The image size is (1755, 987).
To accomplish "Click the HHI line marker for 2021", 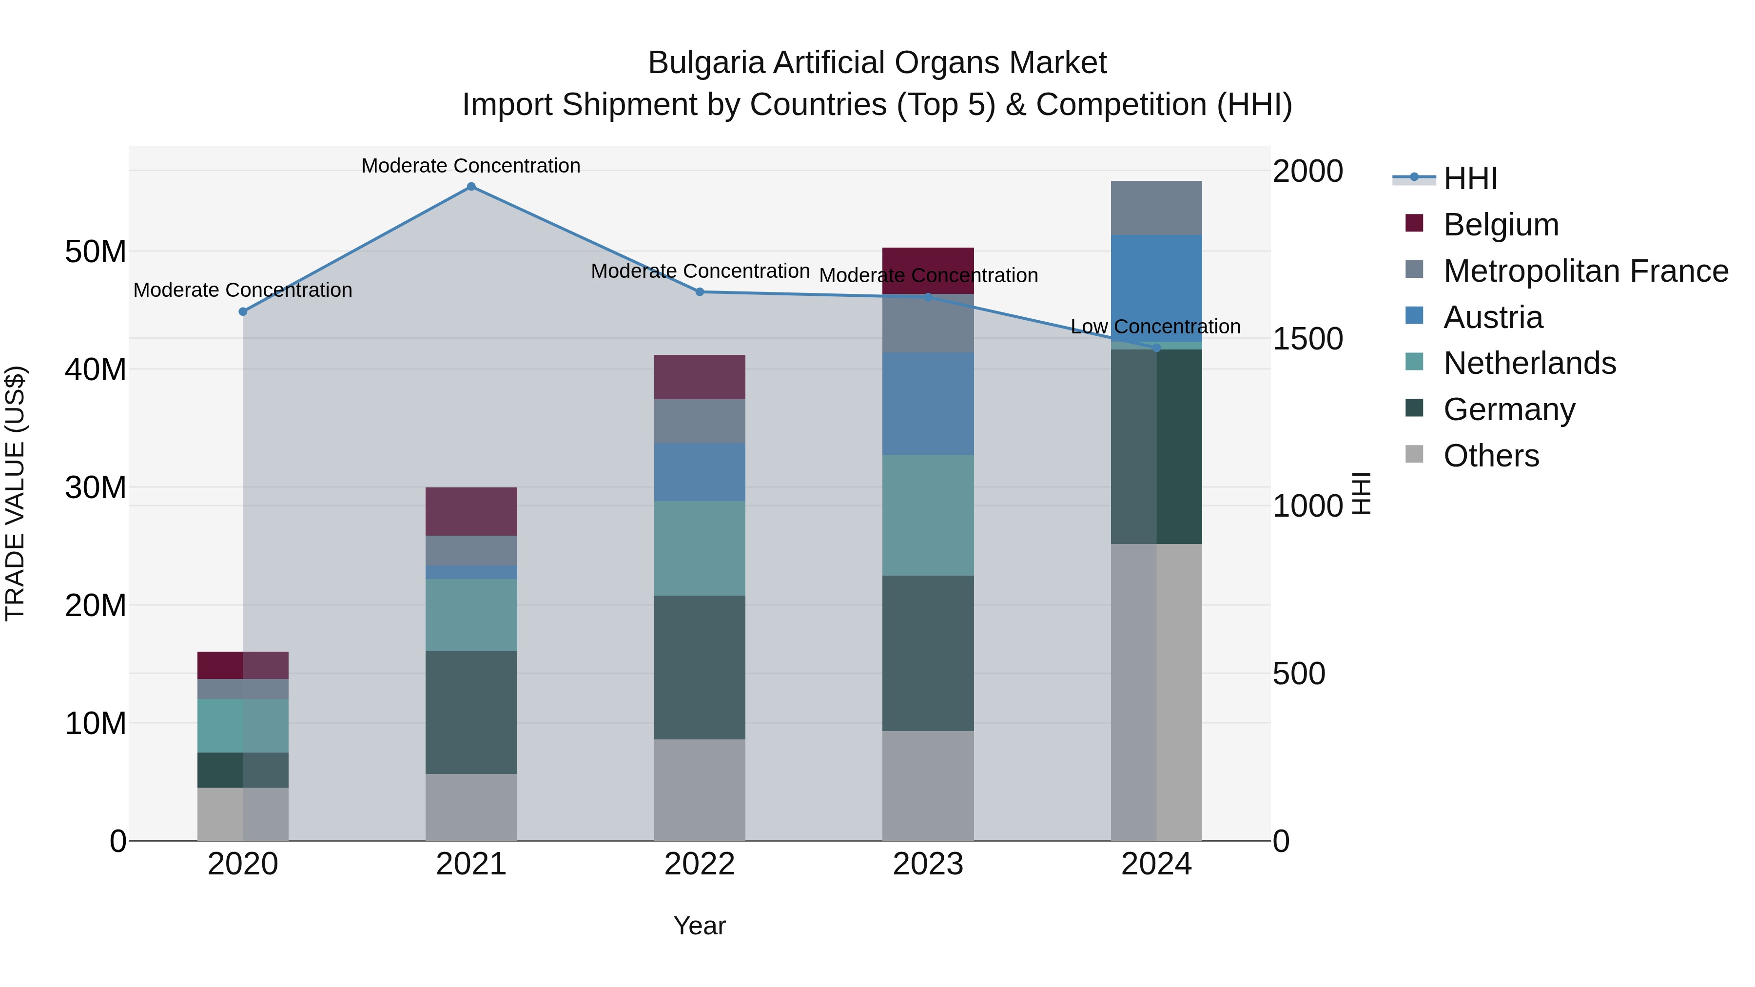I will point(471,187).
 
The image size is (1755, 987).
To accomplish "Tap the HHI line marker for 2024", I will point(1156,348).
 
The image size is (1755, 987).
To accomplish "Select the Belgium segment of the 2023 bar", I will point(928,271).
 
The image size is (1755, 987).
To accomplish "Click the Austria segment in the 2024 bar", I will point(1156,288).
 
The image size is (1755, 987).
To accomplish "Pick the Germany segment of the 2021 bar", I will point(471,713).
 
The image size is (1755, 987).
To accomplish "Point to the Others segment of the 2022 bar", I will point(699,790).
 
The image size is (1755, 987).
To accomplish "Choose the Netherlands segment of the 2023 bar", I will point(928,515).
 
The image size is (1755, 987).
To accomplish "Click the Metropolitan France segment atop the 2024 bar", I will point(1156,208).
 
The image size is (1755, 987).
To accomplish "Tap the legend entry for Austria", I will point(1492,317).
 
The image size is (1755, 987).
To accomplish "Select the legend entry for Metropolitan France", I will point(1585,271).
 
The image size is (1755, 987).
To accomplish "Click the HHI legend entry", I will point(1469,178).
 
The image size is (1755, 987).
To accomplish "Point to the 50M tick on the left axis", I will point(96,252).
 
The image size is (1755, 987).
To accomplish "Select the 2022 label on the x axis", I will point(699,864).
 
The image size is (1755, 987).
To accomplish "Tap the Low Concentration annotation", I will point(1155,327).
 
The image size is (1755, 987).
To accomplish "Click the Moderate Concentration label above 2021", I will point(471,166).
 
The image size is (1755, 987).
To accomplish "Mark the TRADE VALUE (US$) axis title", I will point(15,493).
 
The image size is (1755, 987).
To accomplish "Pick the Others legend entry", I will point(1491,456).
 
